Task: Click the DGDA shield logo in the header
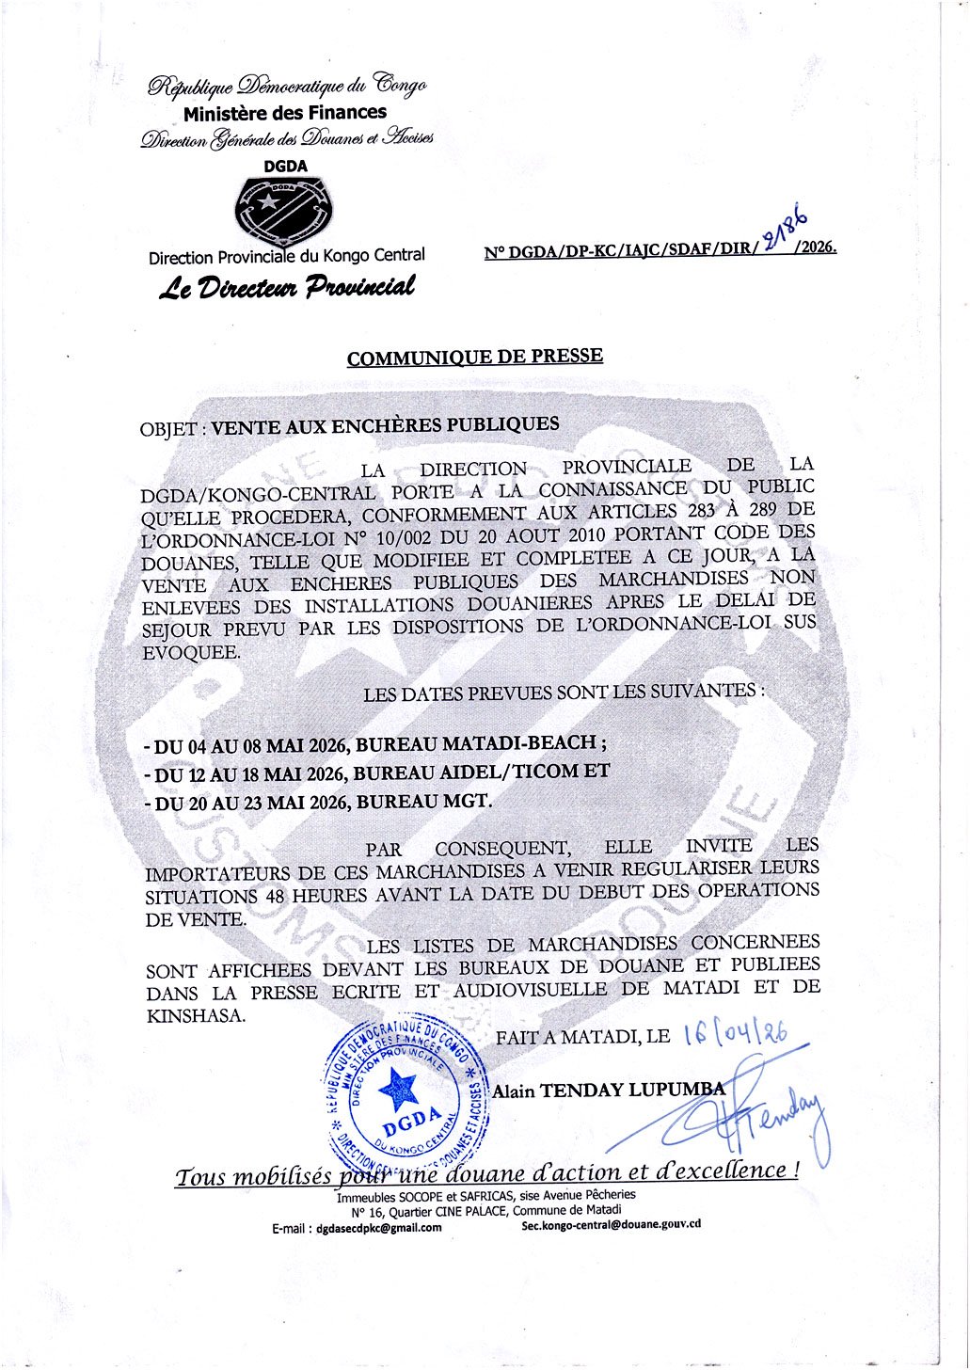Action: tap(283, 212)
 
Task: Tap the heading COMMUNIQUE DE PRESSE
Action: tap(475, 358)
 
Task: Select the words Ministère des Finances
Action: tap(284, 113)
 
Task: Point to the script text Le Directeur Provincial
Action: tap(287, 287)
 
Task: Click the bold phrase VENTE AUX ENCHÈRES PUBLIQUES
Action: tap(385, 425)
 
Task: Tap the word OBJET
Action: tap(168, 429)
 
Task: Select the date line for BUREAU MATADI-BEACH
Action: tap(374, 744)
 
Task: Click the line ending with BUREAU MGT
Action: tap(318, 803)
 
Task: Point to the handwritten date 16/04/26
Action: tap(735, 1033)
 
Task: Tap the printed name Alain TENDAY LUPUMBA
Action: tap(609, 1090)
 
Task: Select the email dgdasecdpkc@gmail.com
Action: tap(379, 1228)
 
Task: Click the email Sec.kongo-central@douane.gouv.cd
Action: tap(611, 1225)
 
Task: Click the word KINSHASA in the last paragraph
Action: tap(195, 1015)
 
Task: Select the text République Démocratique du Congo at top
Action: tap(287, 87)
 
